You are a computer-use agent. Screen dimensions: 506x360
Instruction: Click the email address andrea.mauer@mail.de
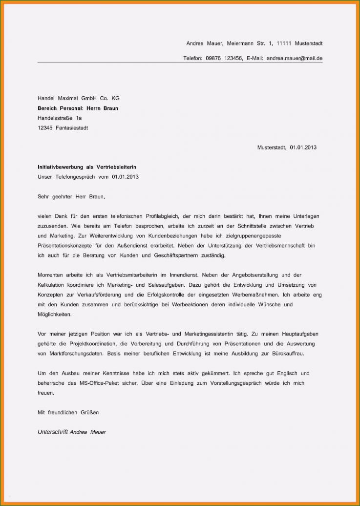(294, 59)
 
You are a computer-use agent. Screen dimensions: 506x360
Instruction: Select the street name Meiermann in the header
(239, 43)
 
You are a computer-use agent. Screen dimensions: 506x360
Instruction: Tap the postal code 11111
(284, 43)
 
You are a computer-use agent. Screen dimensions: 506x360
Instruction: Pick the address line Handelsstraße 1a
(60, 118)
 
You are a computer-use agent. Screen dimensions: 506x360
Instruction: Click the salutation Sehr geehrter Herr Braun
(71, 197)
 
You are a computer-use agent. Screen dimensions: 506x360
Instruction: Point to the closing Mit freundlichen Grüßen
(68, 412)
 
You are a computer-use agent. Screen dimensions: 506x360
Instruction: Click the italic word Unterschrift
(53, 432)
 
